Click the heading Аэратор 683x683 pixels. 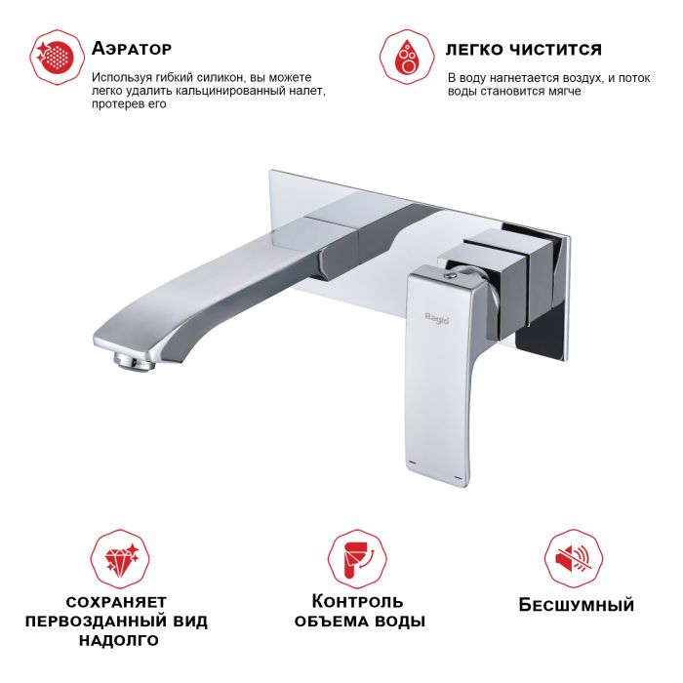coord(131,48)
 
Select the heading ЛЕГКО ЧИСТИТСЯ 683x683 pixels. coord(523,49)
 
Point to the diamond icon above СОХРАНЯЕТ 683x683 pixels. coord(117,557)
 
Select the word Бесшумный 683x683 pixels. coord(576,605)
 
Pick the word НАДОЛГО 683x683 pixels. coord(116,642)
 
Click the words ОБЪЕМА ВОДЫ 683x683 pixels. coord(359,621)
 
